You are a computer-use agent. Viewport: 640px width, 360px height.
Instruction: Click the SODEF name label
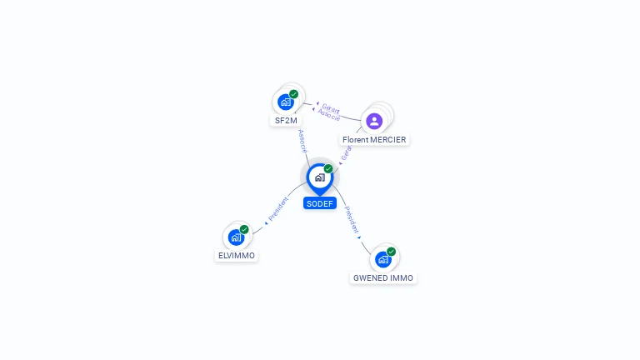[x=320, y=203]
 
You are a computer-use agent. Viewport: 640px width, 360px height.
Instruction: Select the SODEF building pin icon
[x=319, y=177]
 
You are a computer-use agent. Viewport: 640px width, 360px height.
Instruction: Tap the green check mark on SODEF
[x=328, y=168]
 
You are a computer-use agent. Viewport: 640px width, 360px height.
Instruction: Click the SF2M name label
[x=286, y=120]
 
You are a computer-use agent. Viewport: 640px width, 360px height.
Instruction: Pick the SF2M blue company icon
[x=286, y=102]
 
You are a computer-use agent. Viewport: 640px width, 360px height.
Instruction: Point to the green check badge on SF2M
[x=294, y=94]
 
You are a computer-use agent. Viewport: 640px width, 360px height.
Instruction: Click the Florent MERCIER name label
[x=374, y=140]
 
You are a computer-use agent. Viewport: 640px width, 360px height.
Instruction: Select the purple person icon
[x=374, y=121]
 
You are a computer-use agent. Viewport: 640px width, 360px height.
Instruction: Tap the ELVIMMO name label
[x=237, y=256]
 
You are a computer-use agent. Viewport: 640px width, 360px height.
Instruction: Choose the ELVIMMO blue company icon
[x=236, y=237]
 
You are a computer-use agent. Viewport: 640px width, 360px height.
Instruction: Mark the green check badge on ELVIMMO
[x=244, y=229]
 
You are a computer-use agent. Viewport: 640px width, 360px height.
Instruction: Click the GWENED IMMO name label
[x=382, y=277]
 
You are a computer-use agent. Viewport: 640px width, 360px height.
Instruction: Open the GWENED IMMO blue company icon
[x=382, y=259]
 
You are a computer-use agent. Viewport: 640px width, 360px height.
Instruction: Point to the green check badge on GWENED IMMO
[x=391, y=251]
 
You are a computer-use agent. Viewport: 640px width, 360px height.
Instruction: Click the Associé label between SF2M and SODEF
[x=302, y=141]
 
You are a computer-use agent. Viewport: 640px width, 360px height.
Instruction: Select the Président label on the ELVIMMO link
[x=279, y=208]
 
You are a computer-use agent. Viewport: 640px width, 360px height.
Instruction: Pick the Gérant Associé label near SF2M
[x=330, y=111]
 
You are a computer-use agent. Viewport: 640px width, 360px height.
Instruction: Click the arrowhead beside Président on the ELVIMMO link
[x=266, y=222]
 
